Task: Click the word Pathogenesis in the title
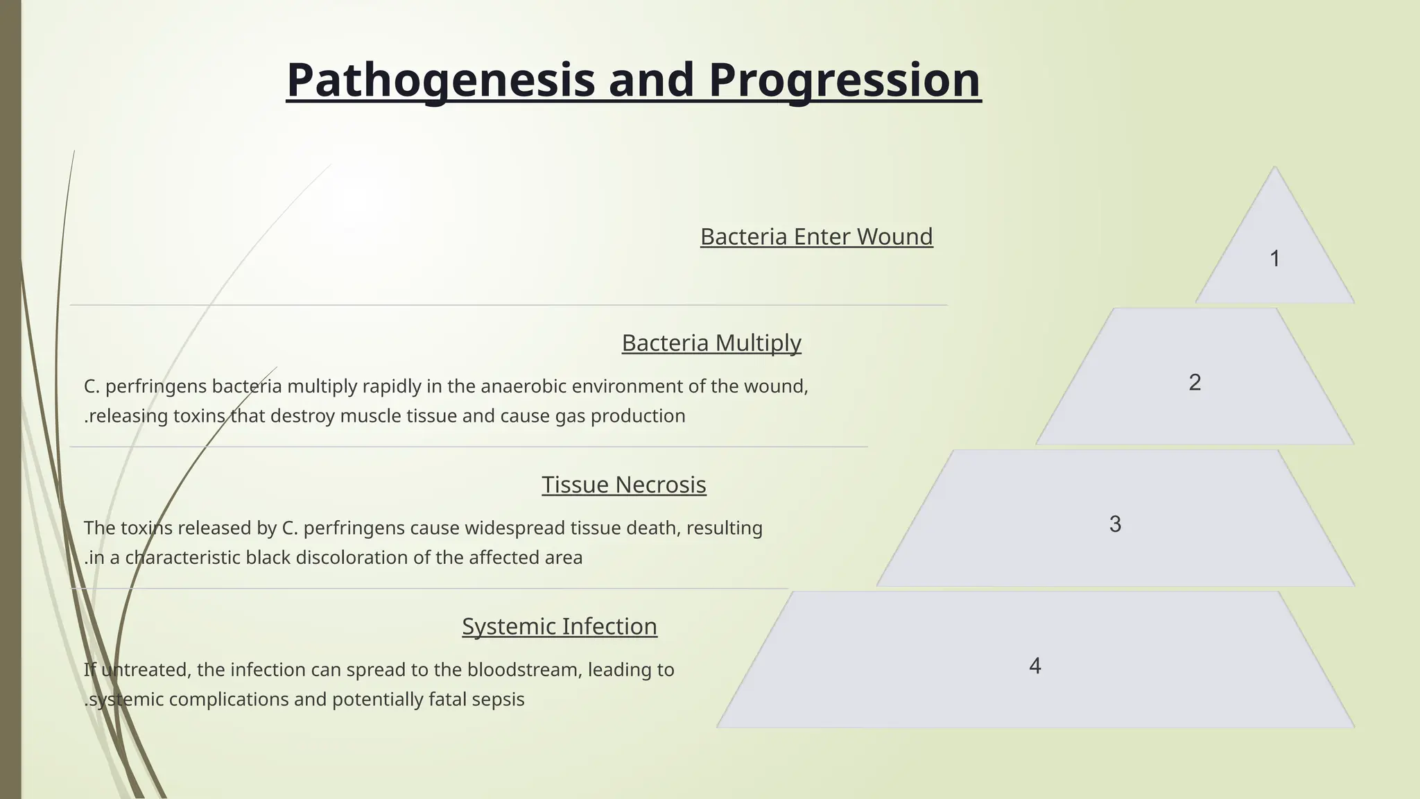tap(440, 80)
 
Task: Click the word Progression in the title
tap(845, 80)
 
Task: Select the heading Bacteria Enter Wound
tap(816, 237)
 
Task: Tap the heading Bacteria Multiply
tap(711, 343)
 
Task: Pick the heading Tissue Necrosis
tap(623, 484)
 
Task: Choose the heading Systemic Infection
tap(559, 626)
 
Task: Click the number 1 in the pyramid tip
tap(1274, 259)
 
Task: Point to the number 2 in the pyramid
tap(1195, 382)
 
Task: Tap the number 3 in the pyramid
tap(1115, 524)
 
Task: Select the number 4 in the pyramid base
tap(1034, 666)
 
